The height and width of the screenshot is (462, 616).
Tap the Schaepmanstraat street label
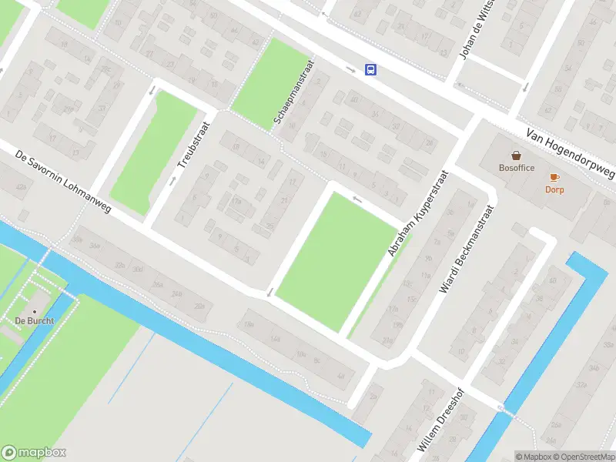pyautogui.click(x=293, y=93)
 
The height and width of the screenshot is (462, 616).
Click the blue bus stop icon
pyautogui.click(x=371, y=70)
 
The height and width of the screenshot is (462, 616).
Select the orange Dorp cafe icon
pyautogui.click(x=554, y=178)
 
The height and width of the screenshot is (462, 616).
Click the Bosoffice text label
pyautogui.click(x=517, y=167)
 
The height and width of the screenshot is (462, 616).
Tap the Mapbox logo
pyautogui.click(x=34, y=453)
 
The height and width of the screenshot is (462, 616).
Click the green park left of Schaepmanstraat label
pyautogui.click(x=266, y=81)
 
